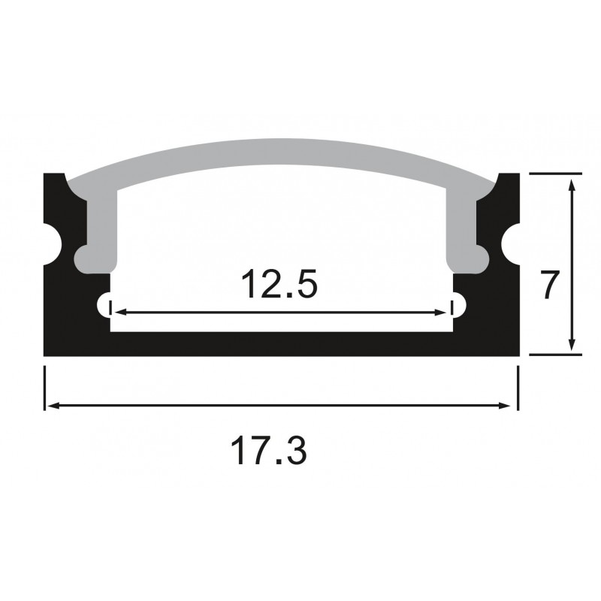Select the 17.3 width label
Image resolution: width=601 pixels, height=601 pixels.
pyautogui.click(x=269, y=452)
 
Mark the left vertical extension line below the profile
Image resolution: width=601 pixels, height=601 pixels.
pyautogui.click(x=45, y=387)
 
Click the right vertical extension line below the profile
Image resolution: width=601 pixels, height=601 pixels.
pyautogui.click(x=518, y=387)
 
